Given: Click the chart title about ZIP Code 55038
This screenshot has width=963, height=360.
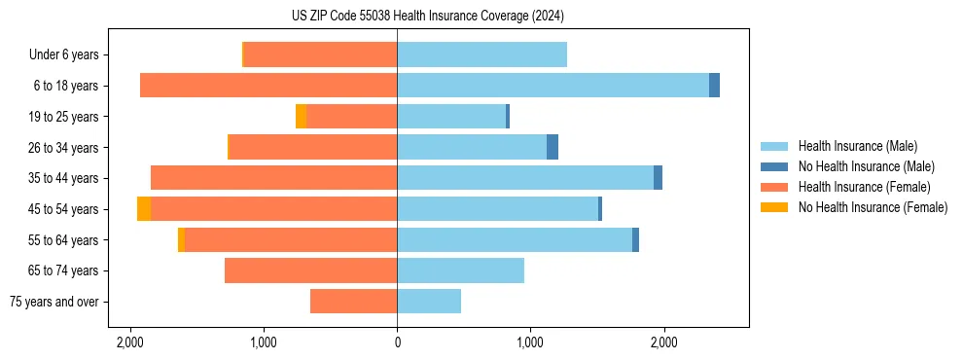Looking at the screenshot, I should click(x=481, y=17).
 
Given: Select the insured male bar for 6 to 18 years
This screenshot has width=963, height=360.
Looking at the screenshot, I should click(x=553, y=86).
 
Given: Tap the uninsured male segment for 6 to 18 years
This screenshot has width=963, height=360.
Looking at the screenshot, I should click(x=714, y=86).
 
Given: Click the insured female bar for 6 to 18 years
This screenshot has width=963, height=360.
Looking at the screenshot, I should click(x=268, y=86).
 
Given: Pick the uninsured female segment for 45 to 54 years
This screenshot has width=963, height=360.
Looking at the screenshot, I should click(x=144, y=209).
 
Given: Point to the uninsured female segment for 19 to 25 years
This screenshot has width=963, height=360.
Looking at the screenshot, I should click(x=301, y=117).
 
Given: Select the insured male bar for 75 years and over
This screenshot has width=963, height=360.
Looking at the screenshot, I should click(x=429, y=302).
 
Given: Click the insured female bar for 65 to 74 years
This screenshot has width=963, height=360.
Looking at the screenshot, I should click(x=310, y=270).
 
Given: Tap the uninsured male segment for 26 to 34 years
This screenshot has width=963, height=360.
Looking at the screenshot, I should click(x=553, y=147).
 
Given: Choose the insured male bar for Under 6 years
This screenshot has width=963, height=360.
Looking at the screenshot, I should click(x=481, y=54).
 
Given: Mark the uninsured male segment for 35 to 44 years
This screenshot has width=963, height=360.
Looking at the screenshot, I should click(x=658, y=178).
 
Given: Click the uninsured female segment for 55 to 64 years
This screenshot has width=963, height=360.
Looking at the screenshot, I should click(x=181, y=240).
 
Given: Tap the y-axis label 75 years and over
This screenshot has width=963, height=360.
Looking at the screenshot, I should click(x=54, y=302).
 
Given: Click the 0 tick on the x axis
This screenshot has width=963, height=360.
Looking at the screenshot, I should click(x=397, y=343).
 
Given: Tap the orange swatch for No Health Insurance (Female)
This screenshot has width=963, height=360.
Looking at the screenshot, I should click(x=774, y=207).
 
